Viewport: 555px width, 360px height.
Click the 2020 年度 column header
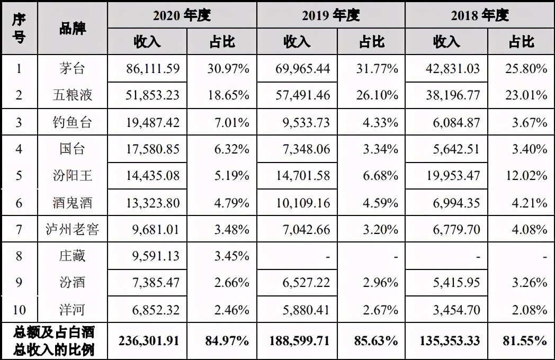(182, 15)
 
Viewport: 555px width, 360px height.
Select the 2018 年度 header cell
(479, 15)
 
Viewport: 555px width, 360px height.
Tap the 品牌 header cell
(73, 28)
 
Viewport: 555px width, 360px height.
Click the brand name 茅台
(73, 68)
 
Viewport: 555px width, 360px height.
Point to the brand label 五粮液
(73, 95)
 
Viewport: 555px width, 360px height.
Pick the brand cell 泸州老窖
(73, 229)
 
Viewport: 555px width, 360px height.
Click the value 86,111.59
(147, 68)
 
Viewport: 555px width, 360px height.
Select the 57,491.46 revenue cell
(297, 95)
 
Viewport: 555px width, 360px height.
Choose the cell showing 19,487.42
(147, 123)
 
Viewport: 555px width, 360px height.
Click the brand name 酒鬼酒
(73, 202)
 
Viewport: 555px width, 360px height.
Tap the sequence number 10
(19, 310)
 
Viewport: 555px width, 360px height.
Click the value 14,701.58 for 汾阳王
(297, 175)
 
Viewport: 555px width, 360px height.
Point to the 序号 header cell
(19, 28)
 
